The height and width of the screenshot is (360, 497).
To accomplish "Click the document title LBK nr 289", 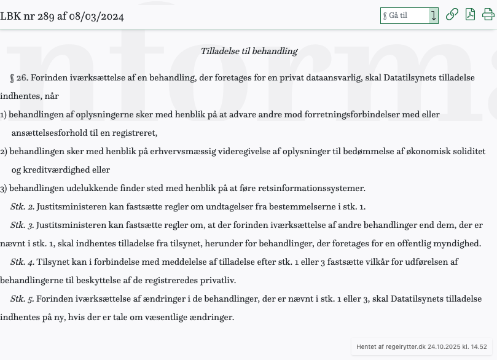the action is click(x=62, y=17).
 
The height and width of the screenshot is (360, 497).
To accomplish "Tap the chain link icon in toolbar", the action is click(x=452, y=15).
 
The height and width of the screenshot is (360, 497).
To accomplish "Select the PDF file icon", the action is click(x=470, y=15).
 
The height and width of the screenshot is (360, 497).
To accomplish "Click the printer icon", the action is click(x=488, y=15).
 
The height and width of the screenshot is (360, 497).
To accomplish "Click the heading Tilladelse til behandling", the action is click(x=249, y=52).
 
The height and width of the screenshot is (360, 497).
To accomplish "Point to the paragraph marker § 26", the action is click(x=19, y=78).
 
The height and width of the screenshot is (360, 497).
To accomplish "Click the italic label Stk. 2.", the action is click(x=23, y=206).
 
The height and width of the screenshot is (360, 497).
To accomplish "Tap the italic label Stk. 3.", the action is click(x=23, y=225).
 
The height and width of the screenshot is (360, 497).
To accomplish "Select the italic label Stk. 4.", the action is click(x=23, y=262).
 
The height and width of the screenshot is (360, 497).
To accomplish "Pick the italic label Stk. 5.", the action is click(x=23, y=299).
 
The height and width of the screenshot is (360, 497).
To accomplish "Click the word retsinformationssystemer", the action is click(x=312, y=188).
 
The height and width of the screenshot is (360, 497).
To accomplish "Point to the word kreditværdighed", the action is click(x=61, y=170).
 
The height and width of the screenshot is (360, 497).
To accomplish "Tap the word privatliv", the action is click(x=218, y=280).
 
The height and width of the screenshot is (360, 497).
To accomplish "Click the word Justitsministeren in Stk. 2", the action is click(x=69, y=206).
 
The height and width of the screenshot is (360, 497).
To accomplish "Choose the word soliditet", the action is click(x=465, y=151).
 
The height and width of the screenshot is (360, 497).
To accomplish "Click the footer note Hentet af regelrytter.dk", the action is click(x=421, y=347).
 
